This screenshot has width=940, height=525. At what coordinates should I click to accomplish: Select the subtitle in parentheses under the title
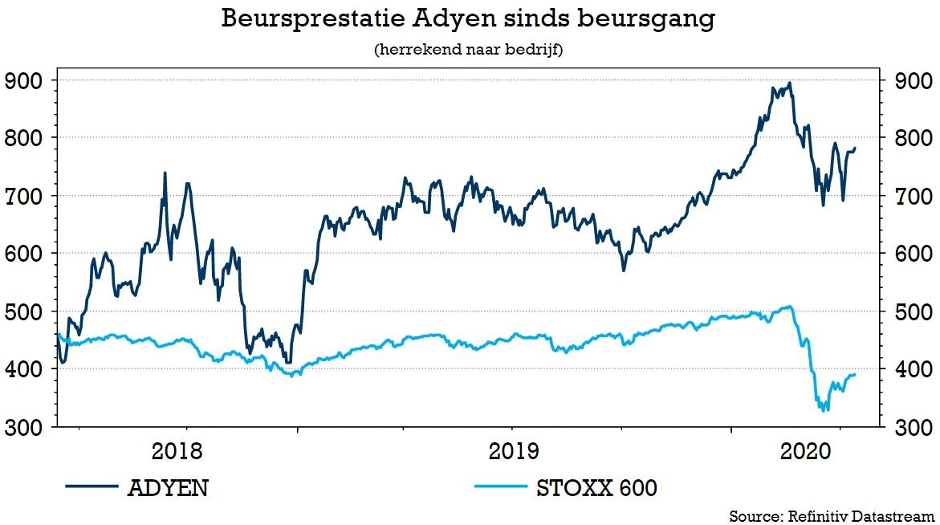(468, 50)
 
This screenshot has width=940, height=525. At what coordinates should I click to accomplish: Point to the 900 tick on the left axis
(24, 80)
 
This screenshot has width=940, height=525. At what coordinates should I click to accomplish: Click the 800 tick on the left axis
(24, 138)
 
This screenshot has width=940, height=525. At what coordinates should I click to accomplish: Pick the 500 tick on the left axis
(24, 311)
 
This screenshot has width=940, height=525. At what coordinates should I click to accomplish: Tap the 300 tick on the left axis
(24, 427)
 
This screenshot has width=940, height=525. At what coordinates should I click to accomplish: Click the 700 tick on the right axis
(914, 196)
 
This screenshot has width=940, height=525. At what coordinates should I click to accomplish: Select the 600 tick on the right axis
(914, 254)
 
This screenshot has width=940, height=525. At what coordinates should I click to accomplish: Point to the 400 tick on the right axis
(914, 369)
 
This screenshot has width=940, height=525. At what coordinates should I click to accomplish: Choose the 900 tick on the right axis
(914, 80)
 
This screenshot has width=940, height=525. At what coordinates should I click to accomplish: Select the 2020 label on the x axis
(805, 451)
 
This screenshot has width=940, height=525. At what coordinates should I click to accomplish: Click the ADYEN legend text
(168, 487)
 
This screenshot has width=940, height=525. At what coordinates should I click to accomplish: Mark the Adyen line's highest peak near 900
(791, 83)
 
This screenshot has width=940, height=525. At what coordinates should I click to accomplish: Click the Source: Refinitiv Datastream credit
(832, 515)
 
